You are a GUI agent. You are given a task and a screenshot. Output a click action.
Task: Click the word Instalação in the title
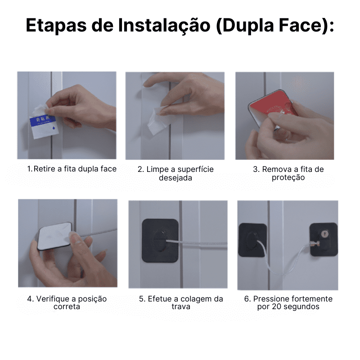[x=164, y=26]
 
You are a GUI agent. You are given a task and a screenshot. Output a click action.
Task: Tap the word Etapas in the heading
[x=56, y=26]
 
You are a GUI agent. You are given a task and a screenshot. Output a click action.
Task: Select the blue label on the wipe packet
[x=43, y=120]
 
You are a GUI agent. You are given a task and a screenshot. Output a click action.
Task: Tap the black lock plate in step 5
[x=160, y=241]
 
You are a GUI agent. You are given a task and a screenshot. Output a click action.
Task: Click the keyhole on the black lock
[x=324, y=234]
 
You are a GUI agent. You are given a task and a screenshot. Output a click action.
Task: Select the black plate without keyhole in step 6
[x=252, y=240]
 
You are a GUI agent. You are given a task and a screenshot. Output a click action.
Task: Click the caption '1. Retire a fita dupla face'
[x=72, y=169]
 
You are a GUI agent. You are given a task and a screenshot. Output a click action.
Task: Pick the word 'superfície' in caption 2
[x=195, y=169]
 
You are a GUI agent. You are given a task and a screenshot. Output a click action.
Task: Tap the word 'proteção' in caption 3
[x=288, y=177]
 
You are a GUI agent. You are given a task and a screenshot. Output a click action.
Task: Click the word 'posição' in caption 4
[x=92, y=299]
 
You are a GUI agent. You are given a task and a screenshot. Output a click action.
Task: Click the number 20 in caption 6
[x=276, y=306]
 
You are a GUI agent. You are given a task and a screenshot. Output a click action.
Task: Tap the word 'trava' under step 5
[x=181, y=306]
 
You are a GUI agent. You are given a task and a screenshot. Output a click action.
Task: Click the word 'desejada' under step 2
[x=175, y=178]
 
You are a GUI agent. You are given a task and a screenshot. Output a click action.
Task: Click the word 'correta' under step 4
[x=67, y=306]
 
